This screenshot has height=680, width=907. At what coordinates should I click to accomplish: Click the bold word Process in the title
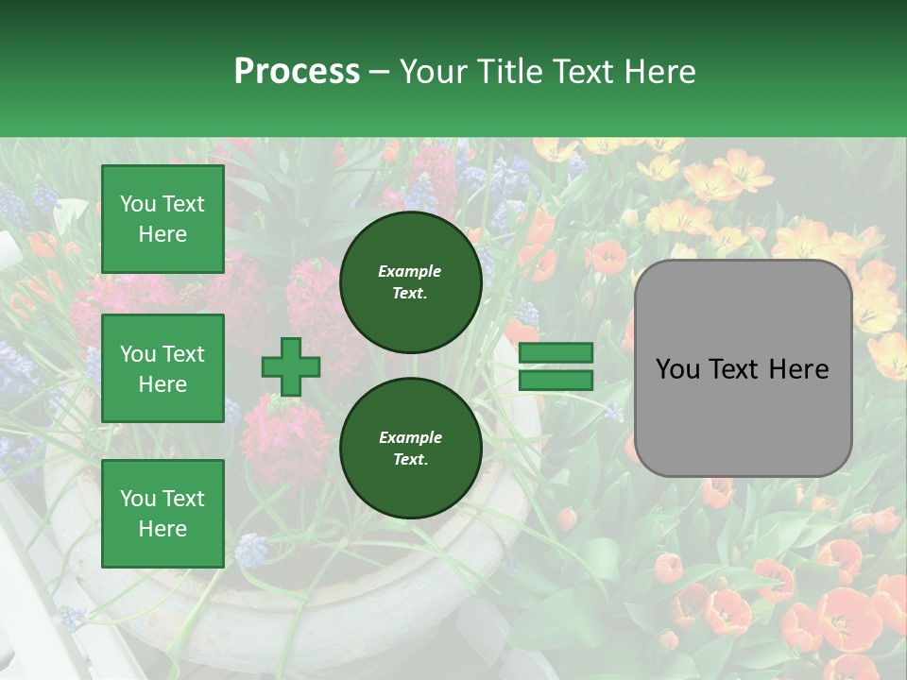click(x=297, y=72)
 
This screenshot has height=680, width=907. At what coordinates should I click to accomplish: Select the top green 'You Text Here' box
click(x=163, y=219)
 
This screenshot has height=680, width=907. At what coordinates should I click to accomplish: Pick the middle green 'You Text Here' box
click(x=163, y=368)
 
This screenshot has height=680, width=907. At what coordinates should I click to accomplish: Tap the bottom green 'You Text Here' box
click(x=163, y=513)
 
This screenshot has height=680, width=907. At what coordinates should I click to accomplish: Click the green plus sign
click(x=291, y=366)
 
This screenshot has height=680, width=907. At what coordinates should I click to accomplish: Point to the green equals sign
click(x=556, y=366)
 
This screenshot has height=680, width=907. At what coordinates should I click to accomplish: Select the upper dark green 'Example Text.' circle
click(x=410, y=281)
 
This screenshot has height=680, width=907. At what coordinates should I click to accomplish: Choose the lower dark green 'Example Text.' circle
click(x=410, y=448)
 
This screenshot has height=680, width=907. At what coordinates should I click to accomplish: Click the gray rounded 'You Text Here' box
click(x=743, y=368)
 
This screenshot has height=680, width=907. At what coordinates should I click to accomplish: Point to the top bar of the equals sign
click(x=556, y=353)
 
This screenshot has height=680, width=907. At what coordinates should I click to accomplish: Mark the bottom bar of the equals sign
click(x=556, y=380)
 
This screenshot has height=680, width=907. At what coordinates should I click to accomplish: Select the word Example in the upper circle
click(x=410, y=271)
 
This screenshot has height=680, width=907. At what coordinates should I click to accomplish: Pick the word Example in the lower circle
click(x=410, y=437)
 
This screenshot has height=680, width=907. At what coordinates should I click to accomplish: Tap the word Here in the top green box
click(x=163, y=234)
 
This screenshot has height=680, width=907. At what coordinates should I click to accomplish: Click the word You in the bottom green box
click(x=137, y=499)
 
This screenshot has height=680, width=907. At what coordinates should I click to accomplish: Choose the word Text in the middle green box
click(x=183, y=354)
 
